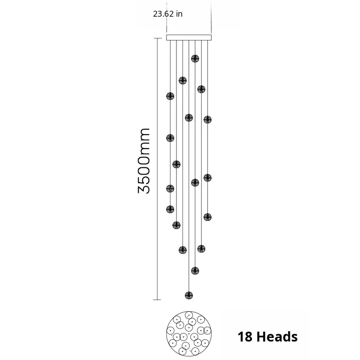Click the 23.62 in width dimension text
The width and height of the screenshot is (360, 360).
point(168,14)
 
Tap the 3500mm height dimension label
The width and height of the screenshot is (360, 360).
point(144,161)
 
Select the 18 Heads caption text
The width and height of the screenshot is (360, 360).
point(267,337)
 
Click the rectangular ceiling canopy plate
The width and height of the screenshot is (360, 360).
point(189,38)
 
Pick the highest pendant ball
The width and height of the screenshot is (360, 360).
point(195,59)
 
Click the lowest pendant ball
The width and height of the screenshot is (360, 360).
point(189,296)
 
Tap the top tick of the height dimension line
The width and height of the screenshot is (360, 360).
point(157,38)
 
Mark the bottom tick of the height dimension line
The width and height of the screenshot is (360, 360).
point(157,300)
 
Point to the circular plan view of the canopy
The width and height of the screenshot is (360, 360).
point(189,333)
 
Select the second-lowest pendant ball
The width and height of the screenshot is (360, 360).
point(195,271)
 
